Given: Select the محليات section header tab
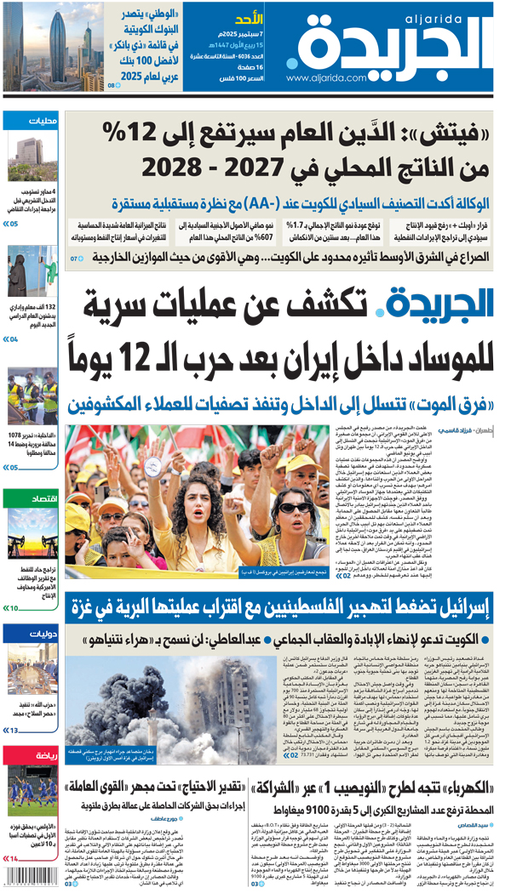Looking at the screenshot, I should (43, 120).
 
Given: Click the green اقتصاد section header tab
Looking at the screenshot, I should (43, 498).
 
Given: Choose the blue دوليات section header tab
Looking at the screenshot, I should (43, 632).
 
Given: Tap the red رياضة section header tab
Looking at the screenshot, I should (43, 755).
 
